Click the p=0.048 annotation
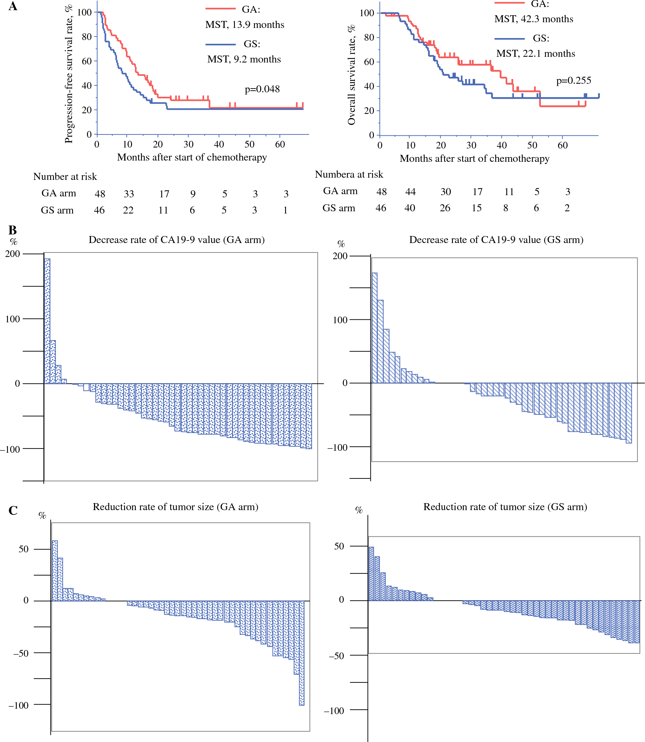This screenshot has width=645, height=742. [262, 89]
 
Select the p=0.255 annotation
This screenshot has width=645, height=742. [573, 81]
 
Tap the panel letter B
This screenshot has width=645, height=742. [13, 230]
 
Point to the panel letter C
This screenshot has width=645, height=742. [13, 510]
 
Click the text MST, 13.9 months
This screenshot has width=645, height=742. [245, 25]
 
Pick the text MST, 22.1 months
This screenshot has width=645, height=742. [535, 54]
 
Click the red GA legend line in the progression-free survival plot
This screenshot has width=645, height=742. [220, 9]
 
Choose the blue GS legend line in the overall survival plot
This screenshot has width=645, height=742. [509, 38]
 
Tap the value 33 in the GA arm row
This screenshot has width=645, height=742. [129, 194]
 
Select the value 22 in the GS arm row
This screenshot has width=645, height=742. [128, 210]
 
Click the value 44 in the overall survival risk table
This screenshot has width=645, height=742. [410, 192]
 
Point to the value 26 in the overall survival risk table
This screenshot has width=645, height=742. [445, 208]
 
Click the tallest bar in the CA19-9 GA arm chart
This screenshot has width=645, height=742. [47, 321]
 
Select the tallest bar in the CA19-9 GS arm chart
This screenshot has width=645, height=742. [374, 328]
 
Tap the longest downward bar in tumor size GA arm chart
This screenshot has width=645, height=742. [302, 653]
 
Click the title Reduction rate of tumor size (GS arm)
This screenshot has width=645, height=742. [505, 507]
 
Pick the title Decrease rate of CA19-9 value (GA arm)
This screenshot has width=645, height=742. [176, 240]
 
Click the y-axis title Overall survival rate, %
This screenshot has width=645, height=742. [351, 75]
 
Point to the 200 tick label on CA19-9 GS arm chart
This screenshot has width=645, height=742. [340, 256]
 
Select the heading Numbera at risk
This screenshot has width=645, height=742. [349, 174]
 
